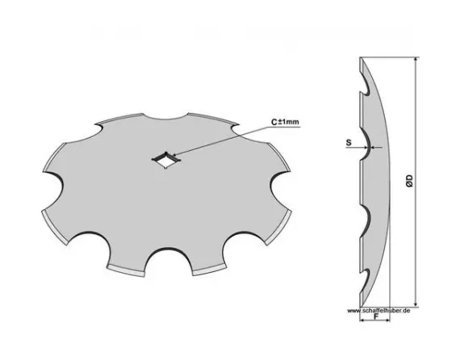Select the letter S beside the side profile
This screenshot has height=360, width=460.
[x=348, y=144]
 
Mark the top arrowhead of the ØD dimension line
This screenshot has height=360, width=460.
[x=416, y=64]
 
